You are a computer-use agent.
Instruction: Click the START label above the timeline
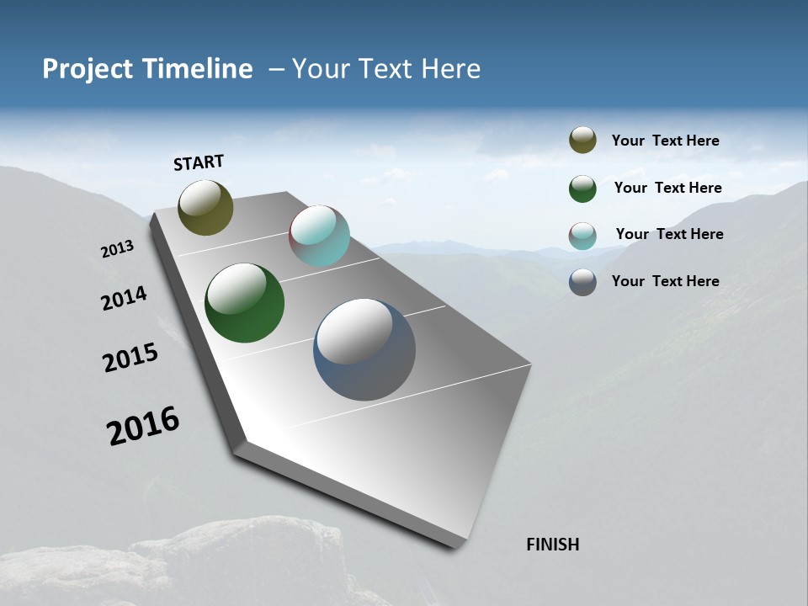point(199,162)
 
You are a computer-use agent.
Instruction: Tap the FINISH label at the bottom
point(553,545)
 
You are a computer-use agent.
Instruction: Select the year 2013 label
point(118,249)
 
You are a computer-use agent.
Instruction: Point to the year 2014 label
point(125,299)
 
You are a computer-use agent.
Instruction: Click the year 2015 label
point(130,358)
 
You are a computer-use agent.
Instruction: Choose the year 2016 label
point(143,426)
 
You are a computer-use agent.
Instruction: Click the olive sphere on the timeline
point(205,207)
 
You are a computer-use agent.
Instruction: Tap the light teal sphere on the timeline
point(319,236)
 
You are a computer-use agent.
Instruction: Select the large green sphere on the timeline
point(244,303)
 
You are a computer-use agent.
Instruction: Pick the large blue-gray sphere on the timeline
point(364,349)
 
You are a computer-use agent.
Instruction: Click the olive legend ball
point(582,141)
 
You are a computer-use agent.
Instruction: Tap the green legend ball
point(582,189)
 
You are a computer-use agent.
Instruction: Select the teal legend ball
point(582,236)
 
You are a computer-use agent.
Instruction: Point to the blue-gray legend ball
point(582,282)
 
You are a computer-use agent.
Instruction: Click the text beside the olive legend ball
point(665,141)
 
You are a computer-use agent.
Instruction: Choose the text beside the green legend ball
point(667,188)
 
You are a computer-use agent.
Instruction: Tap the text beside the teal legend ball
point(669,234)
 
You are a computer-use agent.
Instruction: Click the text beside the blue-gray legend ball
point(665,281)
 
